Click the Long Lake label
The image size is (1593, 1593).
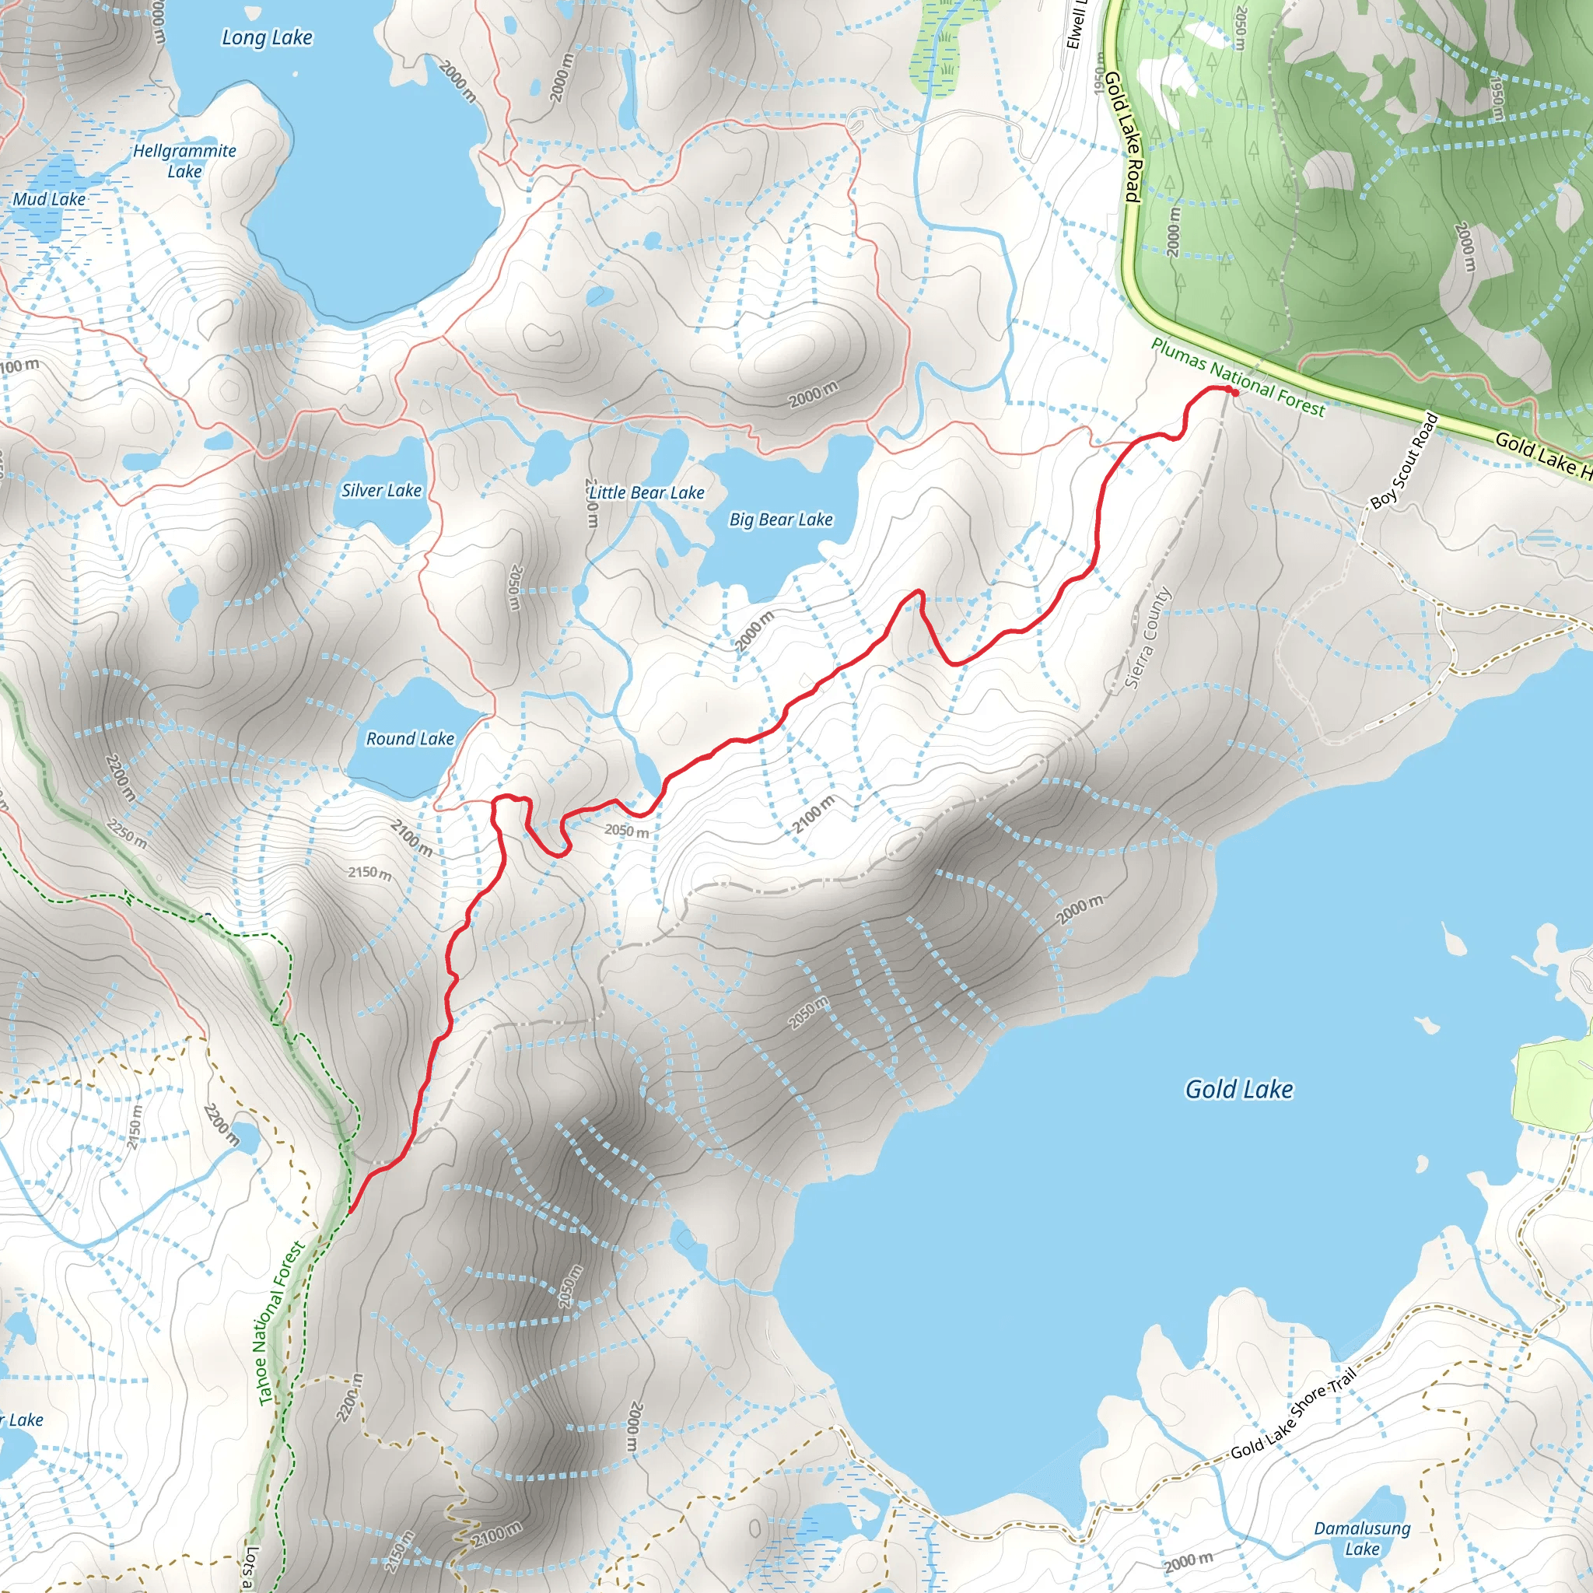pos(267,38)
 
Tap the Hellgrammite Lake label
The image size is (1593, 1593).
pos(184,161)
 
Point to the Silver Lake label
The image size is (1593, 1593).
pos(382,491)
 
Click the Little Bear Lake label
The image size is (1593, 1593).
pos(646,493)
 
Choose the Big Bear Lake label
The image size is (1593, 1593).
pos(781,520)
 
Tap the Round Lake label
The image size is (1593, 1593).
pos(410,739)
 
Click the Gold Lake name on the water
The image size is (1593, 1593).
pos(1238,1089)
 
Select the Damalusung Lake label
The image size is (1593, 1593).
pos(1362,1539)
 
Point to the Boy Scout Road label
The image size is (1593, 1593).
pos(1404,461)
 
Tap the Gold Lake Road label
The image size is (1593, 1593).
pos(1123,136)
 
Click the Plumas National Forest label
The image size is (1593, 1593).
pos(1238,377)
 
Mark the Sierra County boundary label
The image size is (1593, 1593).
pos(1149,637)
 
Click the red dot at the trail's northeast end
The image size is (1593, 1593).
pos(1234,393)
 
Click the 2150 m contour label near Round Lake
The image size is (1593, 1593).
pos(369,873)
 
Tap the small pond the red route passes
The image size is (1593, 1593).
pos(648,772)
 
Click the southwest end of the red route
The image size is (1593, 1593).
pos(351,1212)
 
